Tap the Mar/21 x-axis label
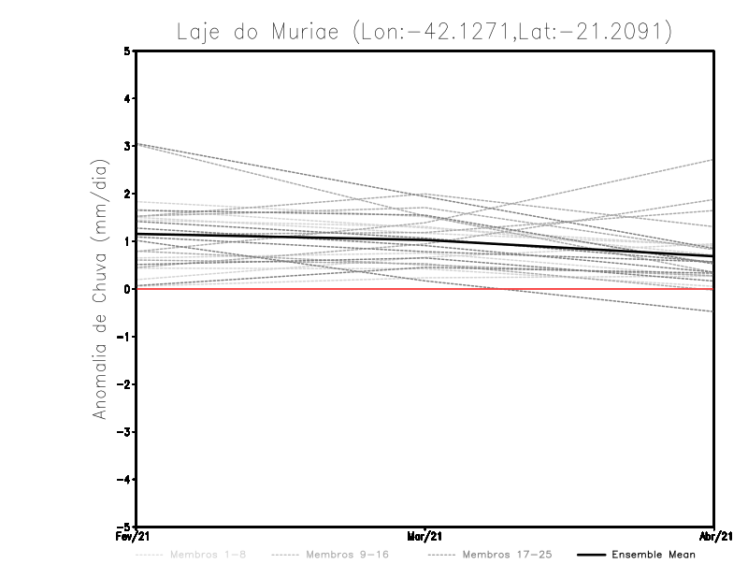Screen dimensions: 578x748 click(x=424, y=537)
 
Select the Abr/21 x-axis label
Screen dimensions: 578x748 click(x=714, y=537)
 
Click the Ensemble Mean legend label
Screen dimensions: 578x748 click(x=654, y=555)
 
